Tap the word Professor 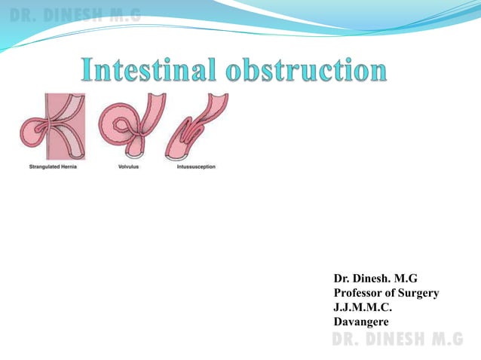click(x=360, y=294)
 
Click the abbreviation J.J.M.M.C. click(x=362, y=308)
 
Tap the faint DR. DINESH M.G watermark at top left click(x=75, y=13)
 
